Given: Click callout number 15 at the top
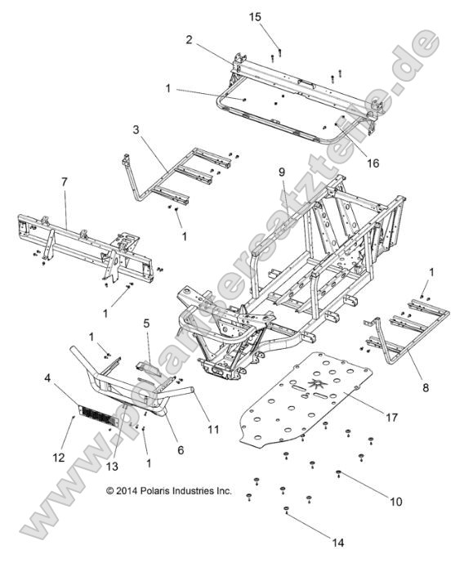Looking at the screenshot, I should (278, 17).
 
